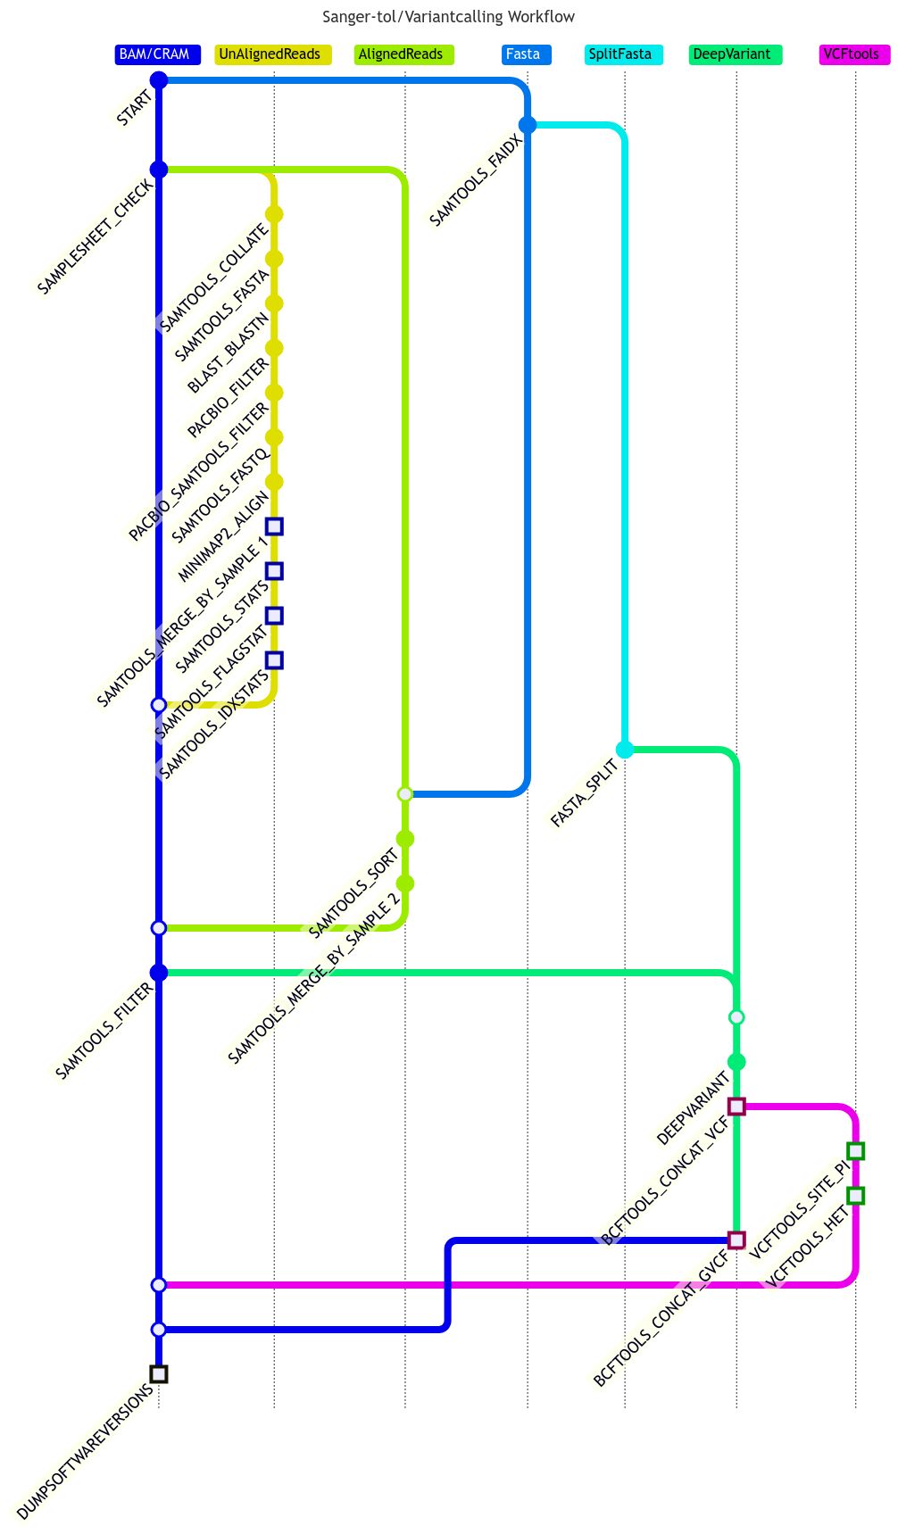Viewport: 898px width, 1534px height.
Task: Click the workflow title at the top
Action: (x=448, y=17)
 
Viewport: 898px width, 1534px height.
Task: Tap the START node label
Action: (x=134, y=111)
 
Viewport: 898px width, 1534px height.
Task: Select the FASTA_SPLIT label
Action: (x=584, y=792)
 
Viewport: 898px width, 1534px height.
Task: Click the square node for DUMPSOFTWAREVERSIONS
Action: (x=159, y=1374)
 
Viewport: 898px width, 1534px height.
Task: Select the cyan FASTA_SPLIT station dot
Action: (x=625, y=750)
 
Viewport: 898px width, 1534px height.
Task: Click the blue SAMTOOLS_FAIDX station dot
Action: (x=528, y=125)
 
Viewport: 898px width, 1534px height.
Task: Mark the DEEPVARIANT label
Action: (x=694, y=1107)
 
